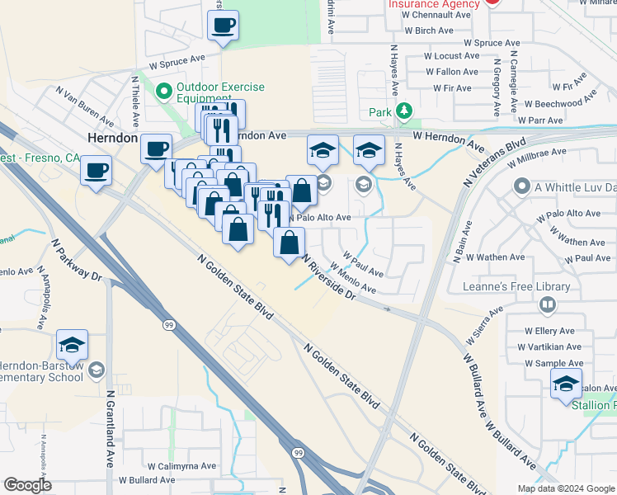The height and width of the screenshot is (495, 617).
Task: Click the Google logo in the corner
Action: [x=28, y=485]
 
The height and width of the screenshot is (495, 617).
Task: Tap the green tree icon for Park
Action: [x=403, y=111]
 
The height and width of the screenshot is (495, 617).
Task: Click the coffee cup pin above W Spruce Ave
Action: [x=223, y=25]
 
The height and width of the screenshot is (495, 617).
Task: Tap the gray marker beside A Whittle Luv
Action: [x=520, y=187]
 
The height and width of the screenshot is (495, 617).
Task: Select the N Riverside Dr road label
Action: [x=327, y=276]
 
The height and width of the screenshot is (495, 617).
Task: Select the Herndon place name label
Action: [x=112, y=139]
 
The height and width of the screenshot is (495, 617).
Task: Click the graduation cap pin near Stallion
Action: [x=566, y=384]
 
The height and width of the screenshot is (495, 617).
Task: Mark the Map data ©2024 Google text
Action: [x=565, y=488]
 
